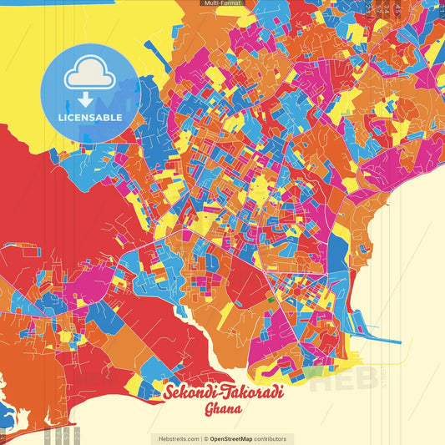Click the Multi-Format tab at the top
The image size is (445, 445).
[x=221, y=3]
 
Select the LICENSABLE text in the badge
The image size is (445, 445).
[x=89, y=117]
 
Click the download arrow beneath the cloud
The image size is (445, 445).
[x=86, y=99]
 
